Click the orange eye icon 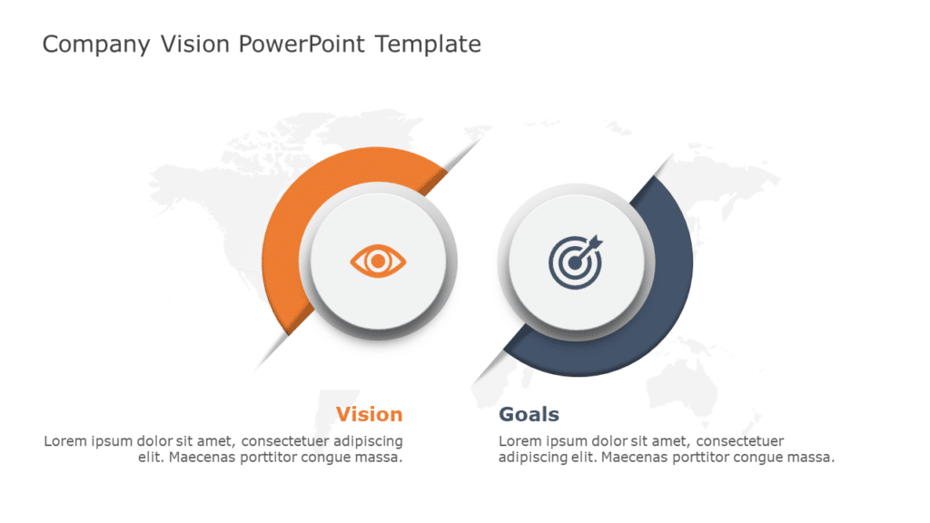[x=378, y=261]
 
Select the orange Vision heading [x=369, y=415]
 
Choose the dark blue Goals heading [x=529, y=415]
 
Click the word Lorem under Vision [x=65, y=441]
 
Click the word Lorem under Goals [x=520, y=441]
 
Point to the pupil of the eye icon [x=378, y=261]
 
